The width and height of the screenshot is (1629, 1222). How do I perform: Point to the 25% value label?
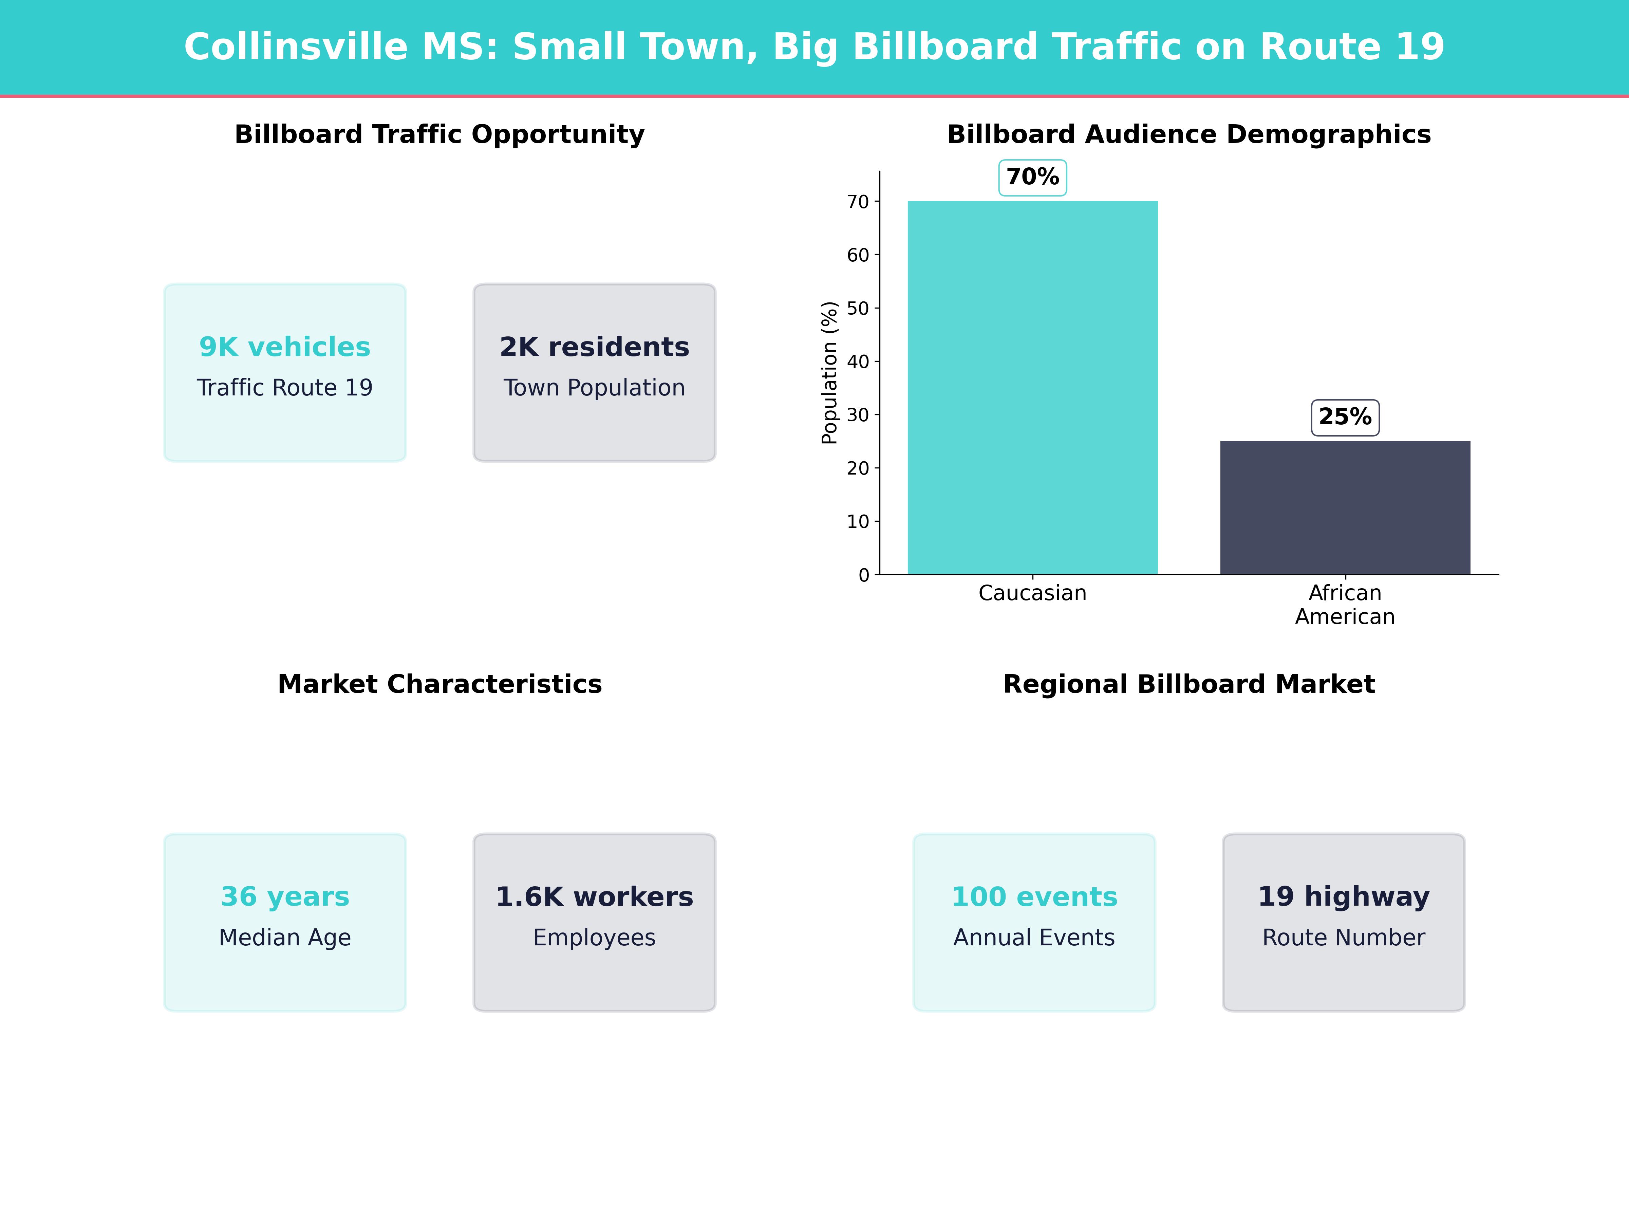(x=1345, y=417)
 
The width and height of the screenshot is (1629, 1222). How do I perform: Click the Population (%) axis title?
(x=829, y=373)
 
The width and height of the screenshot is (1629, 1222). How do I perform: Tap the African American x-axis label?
(x=1345, y=605)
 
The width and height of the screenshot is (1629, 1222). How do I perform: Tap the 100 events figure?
(x=1034, y=896)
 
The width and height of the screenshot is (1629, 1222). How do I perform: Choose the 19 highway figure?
(x=1343, y=896)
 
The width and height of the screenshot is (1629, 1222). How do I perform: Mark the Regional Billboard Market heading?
(x=1188, y=684)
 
